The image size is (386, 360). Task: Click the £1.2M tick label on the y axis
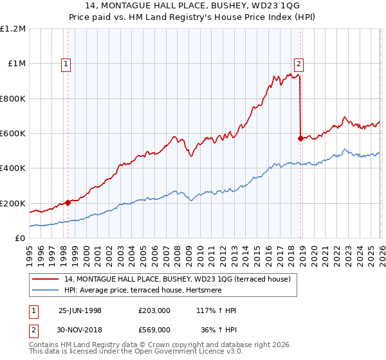tap(14, 29)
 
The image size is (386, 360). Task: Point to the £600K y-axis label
tap(14, 134)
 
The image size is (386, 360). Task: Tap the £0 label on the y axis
tap(21, 239)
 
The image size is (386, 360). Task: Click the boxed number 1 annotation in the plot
tap(68, 63)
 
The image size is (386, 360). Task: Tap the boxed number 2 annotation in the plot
tap(299, 63)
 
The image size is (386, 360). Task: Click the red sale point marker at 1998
tap(68, 203)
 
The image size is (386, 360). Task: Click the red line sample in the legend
tap(46, 279)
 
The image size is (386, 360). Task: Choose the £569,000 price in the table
tap(154, 329)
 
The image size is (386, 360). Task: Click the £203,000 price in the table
tap(154, 310)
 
